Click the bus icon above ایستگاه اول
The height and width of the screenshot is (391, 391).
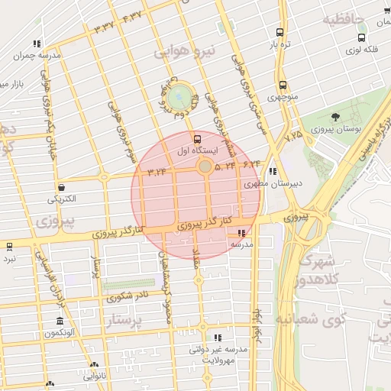pos(199,139)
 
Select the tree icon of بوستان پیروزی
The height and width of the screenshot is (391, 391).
pos(335,116)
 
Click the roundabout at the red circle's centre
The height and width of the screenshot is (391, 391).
pos(205,166)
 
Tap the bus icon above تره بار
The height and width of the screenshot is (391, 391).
pos(280,33)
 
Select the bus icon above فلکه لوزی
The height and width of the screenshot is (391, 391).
pos(361,37)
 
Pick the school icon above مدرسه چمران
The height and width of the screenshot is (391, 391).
pos(36,44)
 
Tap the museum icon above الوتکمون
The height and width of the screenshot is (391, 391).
pos(59,321)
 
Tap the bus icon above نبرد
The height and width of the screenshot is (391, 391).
pos(9,247)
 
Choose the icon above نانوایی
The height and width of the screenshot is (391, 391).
pos(94,365)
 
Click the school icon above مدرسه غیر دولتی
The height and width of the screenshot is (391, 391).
pos(218,337)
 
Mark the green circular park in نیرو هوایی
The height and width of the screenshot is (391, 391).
pos(180,96)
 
